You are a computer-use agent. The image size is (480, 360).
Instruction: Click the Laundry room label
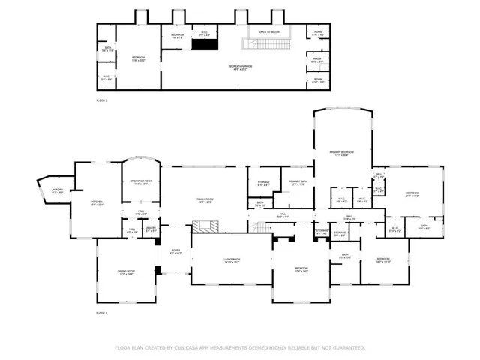[57, 190]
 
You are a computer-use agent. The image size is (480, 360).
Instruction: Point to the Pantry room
[150, 231]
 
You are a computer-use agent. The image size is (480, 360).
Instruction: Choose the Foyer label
[175, 252]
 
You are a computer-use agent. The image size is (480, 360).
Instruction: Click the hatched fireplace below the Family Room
[204, 226]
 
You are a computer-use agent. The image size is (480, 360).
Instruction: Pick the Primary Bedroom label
[341, 153]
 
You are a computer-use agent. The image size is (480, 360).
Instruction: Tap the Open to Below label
[269, 32]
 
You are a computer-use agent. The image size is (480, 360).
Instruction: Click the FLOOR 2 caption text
[102, 99]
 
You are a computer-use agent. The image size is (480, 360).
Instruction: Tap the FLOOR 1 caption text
[102, 312]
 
